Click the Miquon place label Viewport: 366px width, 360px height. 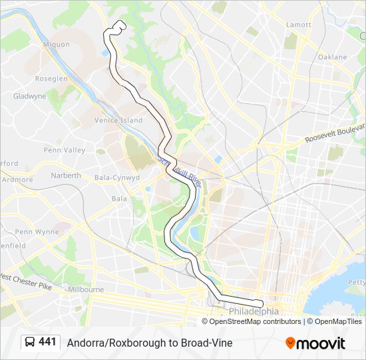55,45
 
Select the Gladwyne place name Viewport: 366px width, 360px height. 30,96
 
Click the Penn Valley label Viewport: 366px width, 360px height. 65,150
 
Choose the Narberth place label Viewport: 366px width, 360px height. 66,175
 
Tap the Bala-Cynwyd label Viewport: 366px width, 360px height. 117,178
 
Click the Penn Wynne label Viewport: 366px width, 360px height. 37,232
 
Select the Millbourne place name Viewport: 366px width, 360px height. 86,290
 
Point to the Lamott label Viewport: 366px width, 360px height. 298,25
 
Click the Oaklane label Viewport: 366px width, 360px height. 332,57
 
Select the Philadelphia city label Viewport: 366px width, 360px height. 254,311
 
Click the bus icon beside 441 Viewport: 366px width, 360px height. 30,343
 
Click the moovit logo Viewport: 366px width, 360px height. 315,343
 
